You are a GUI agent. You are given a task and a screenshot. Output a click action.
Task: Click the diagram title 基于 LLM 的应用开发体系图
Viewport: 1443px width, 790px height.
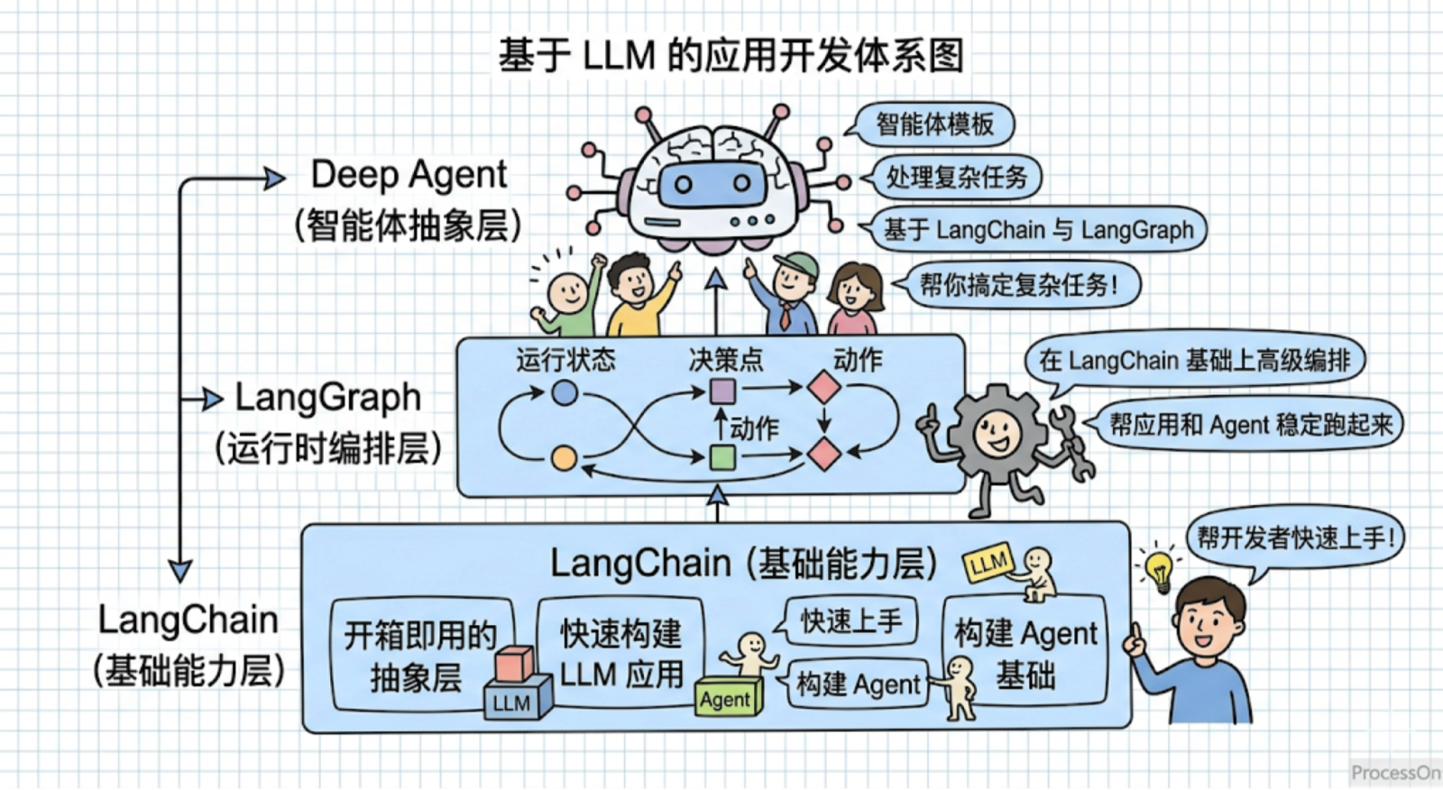[x=731, y=55]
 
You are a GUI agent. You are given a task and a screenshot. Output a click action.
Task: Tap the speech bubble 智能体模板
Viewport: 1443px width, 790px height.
[x=932, y=124]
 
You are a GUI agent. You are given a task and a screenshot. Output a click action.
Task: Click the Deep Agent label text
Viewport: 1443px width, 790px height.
[x=409, y=174]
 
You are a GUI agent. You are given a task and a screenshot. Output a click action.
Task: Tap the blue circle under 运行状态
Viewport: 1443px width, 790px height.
[x=565, y=392]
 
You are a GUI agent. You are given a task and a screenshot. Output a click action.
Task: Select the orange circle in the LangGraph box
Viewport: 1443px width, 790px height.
[x=565, y=458]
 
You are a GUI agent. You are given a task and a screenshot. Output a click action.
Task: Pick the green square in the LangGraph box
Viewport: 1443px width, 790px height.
[x=722, y=457]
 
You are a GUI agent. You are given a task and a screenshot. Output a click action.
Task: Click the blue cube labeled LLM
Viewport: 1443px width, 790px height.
[x=518, y=698]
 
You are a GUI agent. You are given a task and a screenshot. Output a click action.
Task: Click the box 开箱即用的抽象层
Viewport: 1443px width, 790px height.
[x=423, y=656]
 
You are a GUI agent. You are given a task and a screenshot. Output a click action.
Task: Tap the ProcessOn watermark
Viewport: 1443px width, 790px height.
[x=1395, y=773]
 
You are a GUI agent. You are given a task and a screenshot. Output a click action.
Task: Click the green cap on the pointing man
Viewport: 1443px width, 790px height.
[x=797, y=265]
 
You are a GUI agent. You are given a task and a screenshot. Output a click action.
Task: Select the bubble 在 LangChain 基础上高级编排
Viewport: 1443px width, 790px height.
[x=1194, y=361]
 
